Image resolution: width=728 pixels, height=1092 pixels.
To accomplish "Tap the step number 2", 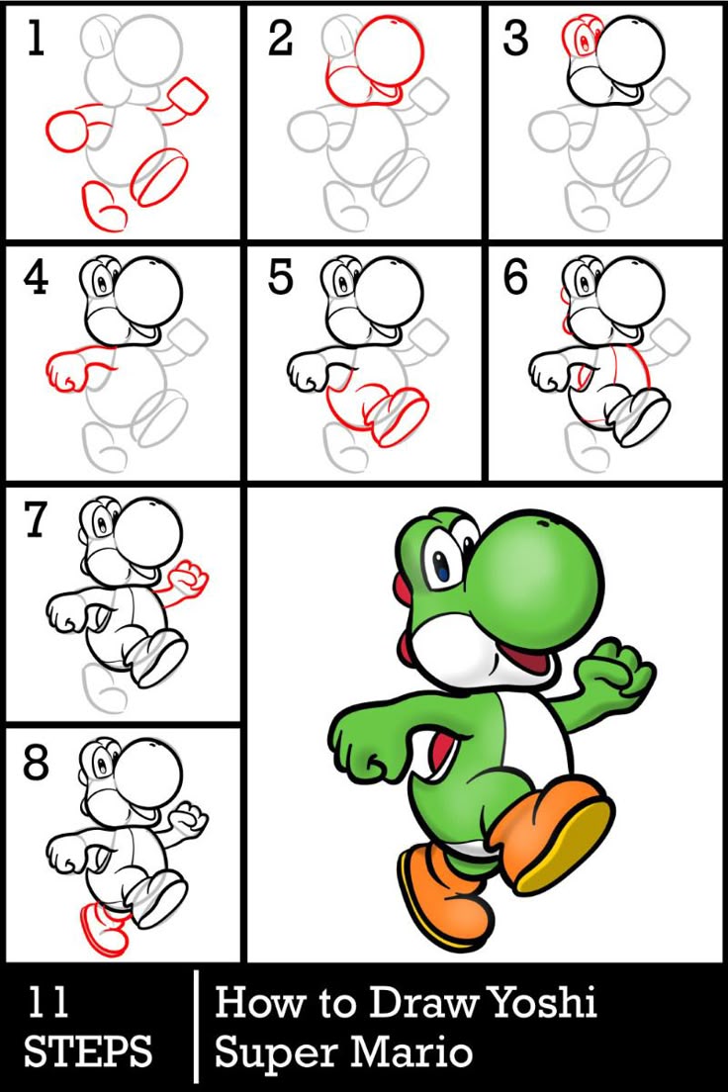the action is (280, 38).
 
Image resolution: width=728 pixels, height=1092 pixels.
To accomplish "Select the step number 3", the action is (515, 38).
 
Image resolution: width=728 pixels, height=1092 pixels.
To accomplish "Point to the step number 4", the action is (36, 279).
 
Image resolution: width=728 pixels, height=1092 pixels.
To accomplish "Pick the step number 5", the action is (280, 279).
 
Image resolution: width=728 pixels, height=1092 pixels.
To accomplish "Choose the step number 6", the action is (515, 279).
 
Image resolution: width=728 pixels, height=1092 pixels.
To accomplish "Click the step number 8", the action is (37, 763).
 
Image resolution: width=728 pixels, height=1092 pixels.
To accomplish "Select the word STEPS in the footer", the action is (88, 1051).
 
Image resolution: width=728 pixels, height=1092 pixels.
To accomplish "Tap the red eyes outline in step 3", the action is (582, 34).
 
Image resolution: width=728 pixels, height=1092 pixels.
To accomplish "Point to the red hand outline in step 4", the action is (69, 369).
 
